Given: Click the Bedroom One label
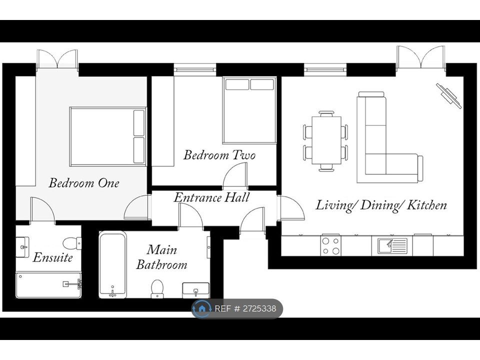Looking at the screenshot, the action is pos(84,183).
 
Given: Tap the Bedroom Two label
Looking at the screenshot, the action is pos(219,155).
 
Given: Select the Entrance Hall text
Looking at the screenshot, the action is pos(211,197).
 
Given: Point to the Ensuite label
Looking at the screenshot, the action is pos(52,257).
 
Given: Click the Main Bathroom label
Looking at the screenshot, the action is pos(161,257).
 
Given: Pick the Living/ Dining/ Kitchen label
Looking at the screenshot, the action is pos(381,205).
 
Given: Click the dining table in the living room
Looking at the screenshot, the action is pos(326,140).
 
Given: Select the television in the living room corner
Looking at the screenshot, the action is pos(449,95).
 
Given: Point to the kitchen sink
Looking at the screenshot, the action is pos(392,246).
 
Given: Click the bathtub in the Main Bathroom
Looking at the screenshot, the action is pos(112,265).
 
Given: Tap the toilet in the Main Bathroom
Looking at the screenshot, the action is pos(157,288).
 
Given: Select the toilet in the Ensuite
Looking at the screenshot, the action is pos(72,243).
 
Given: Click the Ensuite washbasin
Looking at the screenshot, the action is pos(22,246).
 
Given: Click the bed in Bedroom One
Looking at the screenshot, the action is pos(108,136).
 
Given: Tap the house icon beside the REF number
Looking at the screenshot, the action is pos(201,308).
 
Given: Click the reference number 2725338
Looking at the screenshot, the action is pos(259,308).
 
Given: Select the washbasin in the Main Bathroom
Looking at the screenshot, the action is pos(196,290).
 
